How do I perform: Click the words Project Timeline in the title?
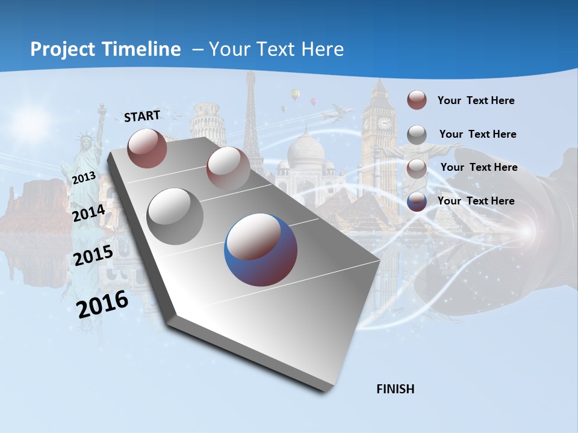tap(105, 49)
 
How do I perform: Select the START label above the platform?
tap(142, 116)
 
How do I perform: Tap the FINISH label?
tap(396, 389)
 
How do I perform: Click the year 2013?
tap(84, 178)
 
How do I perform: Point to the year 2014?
tap(89, 213)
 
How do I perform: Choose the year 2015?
tap(93, 256)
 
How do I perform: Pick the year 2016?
tap(102, 304)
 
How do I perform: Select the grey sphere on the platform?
tap(175, 216)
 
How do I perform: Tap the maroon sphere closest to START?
tap(148, 148)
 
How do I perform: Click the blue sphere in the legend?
tap(417, 201)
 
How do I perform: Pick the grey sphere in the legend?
tap(417, 135)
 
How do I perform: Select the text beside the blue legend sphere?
tap(476, 201)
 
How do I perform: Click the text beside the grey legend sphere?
tap(477, 134)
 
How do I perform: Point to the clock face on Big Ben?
tap(384, 123)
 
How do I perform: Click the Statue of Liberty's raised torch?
tap(102, 109)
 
